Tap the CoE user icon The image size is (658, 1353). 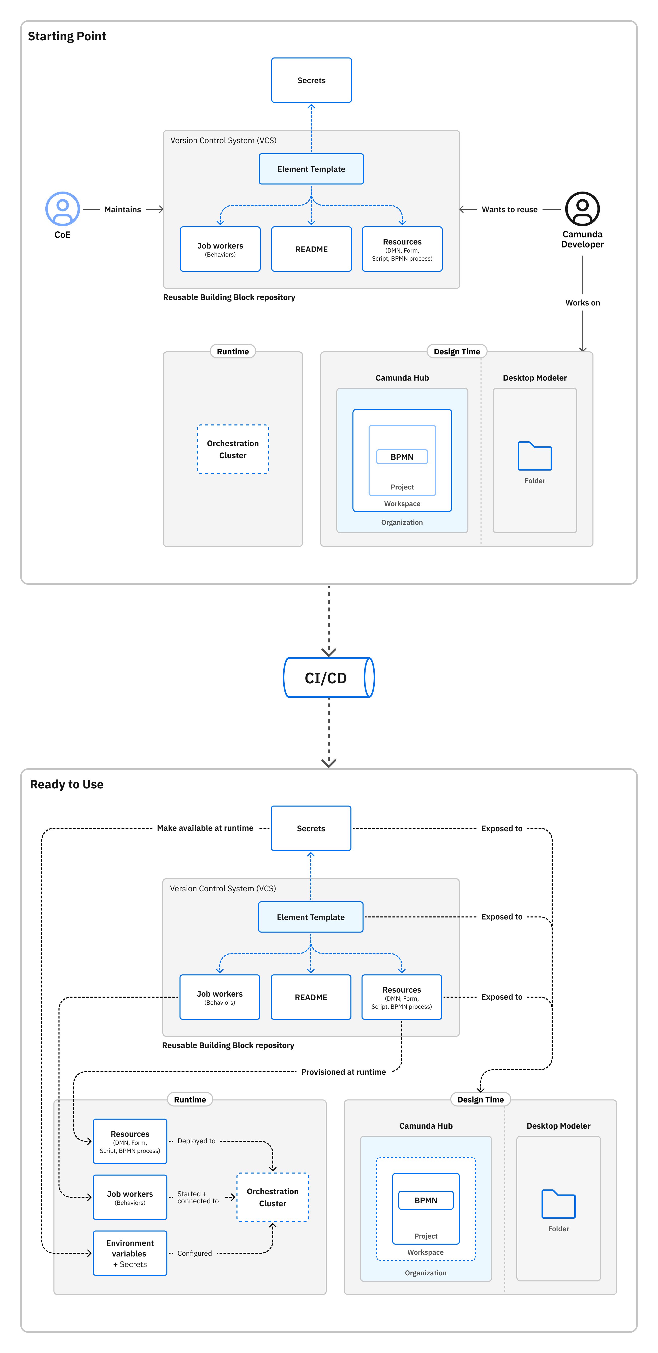pyautogui.click(x=63, y=208)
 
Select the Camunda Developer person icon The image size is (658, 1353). pyautogui.click(x=582, y=208)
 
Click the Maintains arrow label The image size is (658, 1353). pyautogui.click(x=123, y=209)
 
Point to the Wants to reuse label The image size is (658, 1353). pyautogui.click(x=509, y=209)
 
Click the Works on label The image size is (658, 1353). pyautogui.click(x=582, y=303)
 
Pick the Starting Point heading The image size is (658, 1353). pyautogui.click(x=67, y=36)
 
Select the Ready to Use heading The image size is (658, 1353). pyautogui.click(x=67, y=784)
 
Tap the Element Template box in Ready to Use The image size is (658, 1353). pyautogui.click(x=311, y=917)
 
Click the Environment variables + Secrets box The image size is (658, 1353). pyautogui.click(x=130, y=1253)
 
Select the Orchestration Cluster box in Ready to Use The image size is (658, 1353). pyautogui.click(x=273, y=1197)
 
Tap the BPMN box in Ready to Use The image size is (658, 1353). pyautogui.click(x=426, y=1201)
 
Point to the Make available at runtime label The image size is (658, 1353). pyautogui.click(x=205, y=828)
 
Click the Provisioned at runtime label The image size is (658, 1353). pyautogui.click(x=343, y=1072)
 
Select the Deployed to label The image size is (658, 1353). pyautogui.click(x=196, y=1141)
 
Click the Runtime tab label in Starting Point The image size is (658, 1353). pyautogui.click(x=233, y=351)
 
